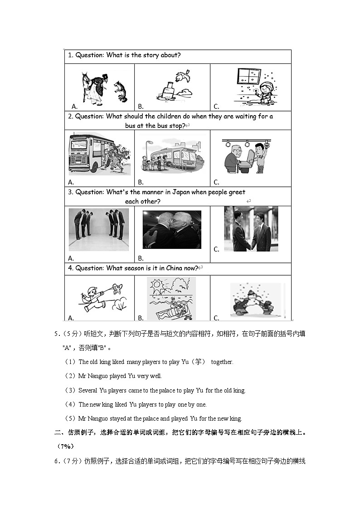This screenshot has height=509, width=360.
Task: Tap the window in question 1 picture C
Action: point(249,76)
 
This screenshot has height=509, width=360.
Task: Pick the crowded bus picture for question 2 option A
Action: point(99,153)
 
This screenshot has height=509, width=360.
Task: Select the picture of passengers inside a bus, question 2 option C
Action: point(247,156)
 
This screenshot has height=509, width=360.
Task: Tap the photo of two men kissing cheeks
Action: point(171,229)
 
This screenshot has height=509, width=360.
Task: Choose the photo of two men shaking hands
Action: point(251,229)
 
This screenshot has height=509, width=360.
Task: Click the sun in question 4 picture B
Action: point(159,286)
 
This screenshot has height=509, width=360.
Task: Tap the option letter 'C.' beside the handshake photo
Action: point(216,249)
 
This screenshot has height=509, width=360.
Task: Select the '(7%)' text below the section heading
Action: point(65,446)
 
